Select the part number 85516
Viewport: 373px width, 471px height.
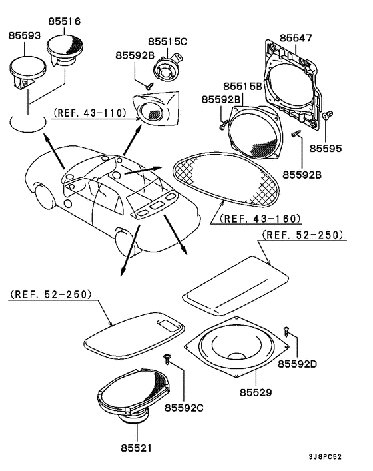point(64,21)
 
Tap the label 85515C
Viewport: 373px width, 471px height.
point(167,41)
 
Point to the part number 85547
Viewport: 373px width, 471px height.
point(295,39)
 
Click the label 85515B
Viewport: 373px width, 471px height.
point(242,87)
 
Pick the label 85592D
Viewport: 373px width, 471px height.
point(298,364)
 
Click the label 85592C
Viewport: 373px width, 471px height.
point(185,407)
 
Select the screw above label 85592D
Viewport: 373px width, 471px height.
point(287,329)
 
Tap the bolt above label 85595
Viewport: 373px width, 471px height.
point(326,117)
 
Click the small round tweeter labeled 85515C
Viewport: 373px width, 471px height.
point(165,69)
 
